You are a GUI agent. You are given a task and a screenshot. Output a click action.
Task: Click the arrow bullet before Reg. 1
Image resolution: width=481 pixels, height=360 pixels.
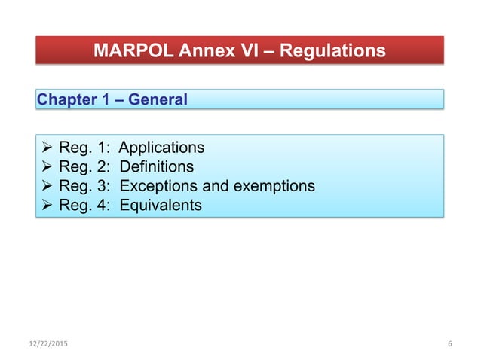click(47, 147)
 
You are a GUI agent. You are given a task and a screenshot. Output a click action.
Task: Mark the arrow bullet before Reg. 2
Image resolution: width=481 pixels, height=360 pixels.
click(47, 166)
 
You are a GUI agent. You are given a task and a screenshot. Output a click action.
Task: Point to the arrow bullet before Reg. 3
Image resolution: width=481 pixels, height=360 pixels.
click(47, 185)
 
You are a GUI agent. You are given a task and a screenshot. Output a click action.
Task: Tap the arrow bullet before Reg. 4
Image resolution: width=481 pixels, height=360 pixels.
click(47, 204)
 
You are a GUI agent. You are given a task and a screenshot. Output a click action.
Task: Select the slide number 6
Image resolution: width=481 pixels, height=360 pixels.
click(449, 344)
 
